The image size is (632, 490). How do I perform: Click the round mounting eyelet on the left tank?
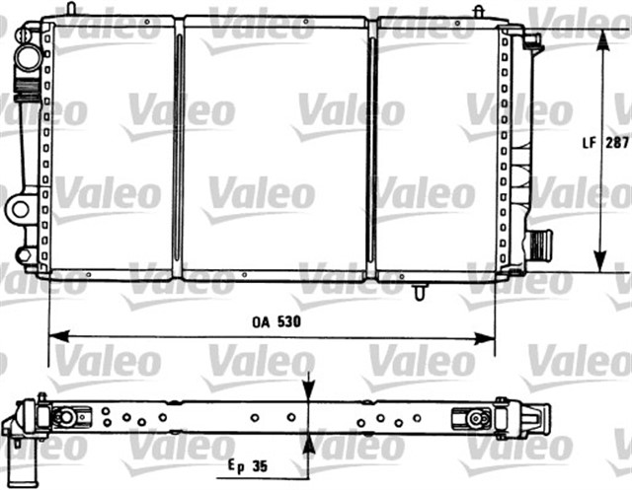[x=20, y=207]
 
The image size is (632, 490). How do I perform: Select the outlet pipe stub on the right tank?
[x=540, y=243]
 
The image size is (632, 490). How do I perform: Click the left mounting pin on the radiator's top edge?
[x=72, y=9]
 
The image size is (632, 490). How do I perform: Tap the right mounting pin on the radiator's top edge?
[x=478, y=11]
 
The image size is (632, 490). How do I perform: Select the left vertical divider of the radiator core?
[x=178, y=148]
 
